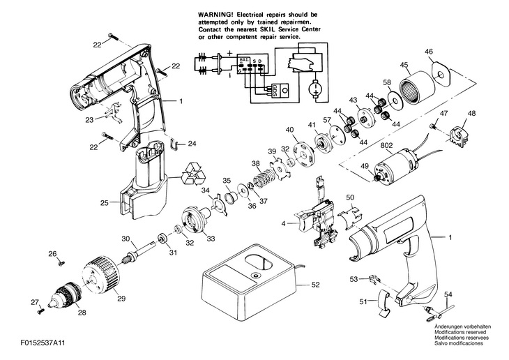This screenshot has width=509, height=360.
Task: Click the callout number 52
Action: [x=317, y=284]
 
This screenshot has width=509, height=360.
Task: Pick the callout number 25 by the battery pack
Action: [x=105, y=203]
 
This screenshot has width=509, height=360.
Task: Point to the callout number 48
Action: [x=473, y=114]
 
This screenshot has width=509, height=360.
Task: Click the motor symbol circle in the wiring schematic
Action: [x=314, y=89]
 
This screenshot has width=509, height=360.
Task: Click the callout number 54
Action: [x=448, y=294]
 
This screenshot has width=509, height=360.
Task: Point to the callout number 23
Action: [x=89, y=119]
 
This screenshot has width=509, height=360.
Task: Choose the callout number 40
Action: [x=289, y=130]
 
